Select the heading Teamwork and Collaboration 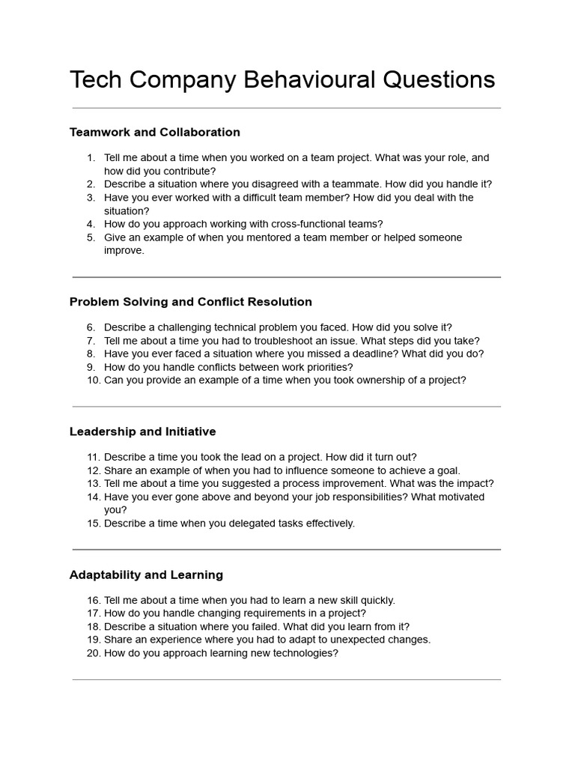point(155,133)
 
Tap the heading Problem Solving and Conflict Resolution point(191,302)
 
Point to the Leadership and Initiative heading point(142,431)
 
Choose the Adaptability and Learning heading point(146,575)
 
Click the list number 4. point(91,224)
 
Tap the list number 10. point(93,381)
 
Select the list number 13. point(93,484)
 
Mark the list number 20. point(93,653)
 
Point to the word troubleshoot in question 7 point(296,341)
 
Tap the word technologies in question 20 point(295,653)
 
